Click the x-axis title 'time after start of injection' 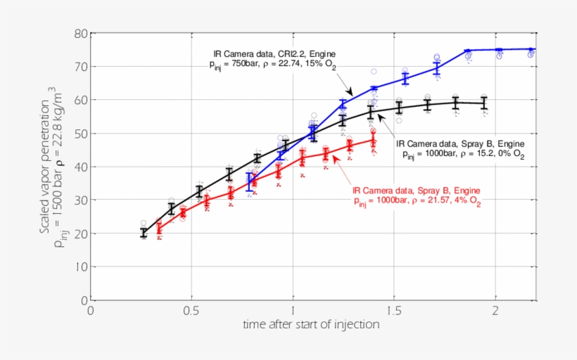311,324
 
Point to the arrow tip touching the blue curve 350,96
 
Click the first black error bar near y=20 144,233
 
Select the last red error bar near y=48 373,139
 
